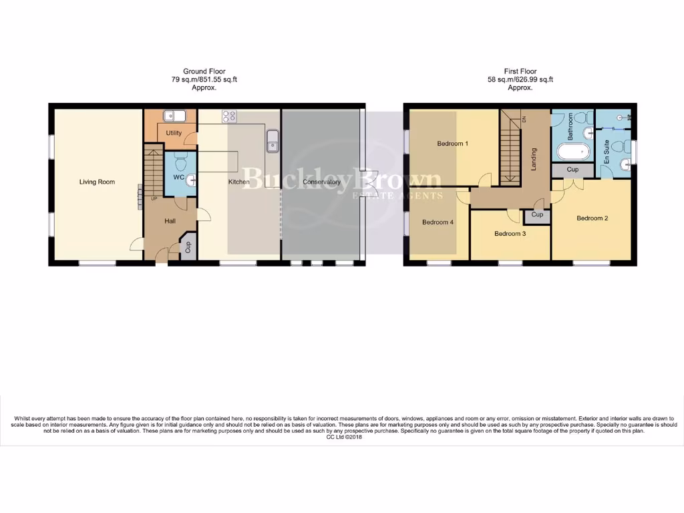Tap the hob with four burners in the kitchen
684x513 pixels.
[x=229, y=116]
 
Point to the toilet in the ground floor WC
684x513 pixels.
[x=179, y=162]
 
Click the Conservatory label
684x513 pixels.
[x=321, y=182]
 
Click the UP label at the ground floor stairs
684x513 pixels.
[x=154, y=198]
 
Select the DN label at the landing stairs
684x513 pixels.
[x=524, y=119]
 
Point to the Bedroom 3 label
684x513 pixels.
[x=510, y=234]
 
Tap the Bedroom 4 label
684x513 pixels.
[x=438, y=222]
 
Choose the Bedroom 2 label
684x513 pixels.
[x=592, y=218]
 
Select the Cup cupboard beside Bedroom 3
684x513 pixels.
[x=537, y=216]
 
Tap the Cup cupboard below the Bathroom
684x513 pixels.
[x=572, y=170]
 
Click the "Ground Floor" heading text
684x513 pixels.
[x=204, y=71]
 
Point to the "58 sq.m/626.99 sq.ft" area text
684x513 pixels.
[x=520, y=79]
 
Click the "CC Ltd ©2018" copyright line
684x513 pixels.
[x=343, y=438]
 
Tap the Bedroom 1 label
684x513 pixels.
[x=453, y=144]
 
